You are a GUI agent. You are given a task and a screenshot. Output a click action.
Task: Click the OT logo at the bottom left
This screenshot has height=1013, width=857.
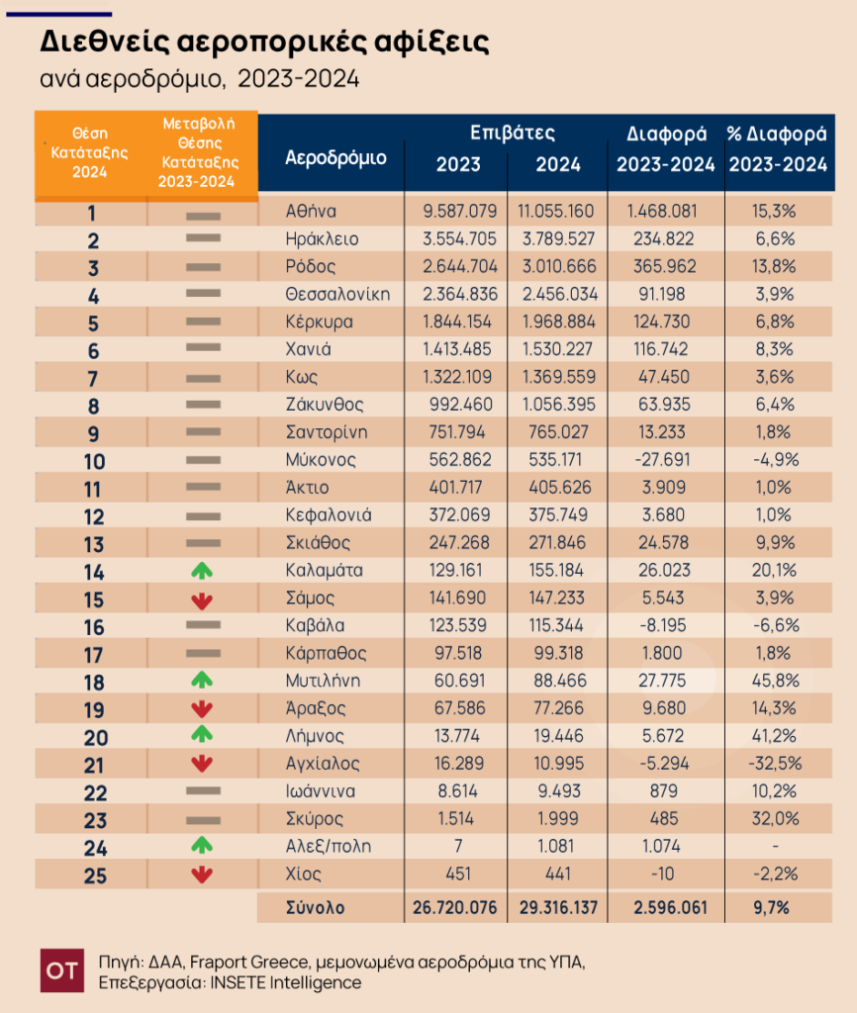click(x=62, y=970)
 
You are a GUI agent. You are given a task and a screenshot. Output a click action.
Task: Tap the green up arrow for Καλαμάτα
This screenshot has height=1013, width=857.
click(x=202, y=571)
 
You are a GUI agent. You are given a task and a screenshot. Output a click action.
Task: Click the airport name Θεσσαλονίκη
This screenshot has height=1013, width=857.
click(x=337, y=295)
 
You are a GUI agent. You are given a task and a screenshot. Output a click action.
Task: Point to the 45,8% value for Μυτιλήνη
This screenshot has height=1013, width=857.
click(x=776, y=681)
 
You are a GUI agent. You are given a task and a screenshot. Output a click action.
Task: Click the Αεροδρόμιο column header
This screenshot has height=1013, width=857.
click(x=335, y=158)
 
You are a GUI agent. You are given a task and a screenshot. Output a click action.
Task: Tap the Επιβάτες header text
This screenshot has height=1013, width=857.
click(x=513, y=134)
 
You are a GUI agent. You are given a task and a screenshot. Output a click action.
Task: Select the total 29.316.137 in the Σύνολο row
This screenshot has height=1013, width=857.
click(x=558, y=908)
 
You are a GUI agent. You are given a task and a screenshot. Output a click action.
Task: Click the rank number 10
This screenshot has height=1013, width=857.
click(x=94, y=462)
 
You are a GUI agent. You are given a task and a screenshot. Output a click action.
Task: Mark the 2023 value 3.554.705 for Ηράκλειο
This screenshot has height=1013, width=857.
click(x=459, y=239)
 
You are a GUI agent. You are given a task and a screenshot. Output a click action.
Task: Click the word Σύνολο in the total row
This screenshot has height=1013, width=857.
click(x=316, y=908)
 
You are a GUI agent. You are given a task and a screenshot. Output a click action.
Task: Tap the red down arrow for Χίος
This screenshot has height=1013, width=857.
click(x=202, y=875)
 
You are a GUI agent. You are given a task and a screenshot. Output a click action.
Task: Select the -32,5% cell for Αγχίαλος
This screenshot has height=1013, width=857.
click(x=775, y=764)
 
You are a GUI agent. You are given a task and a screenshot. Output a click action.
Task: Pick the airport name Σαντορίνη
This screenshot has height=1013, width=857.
click(x=327, y=432)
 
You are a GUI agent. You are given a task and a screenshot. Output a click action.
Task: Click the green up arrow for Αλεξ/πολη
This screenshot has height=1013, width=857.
click(x=202, y=845)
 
